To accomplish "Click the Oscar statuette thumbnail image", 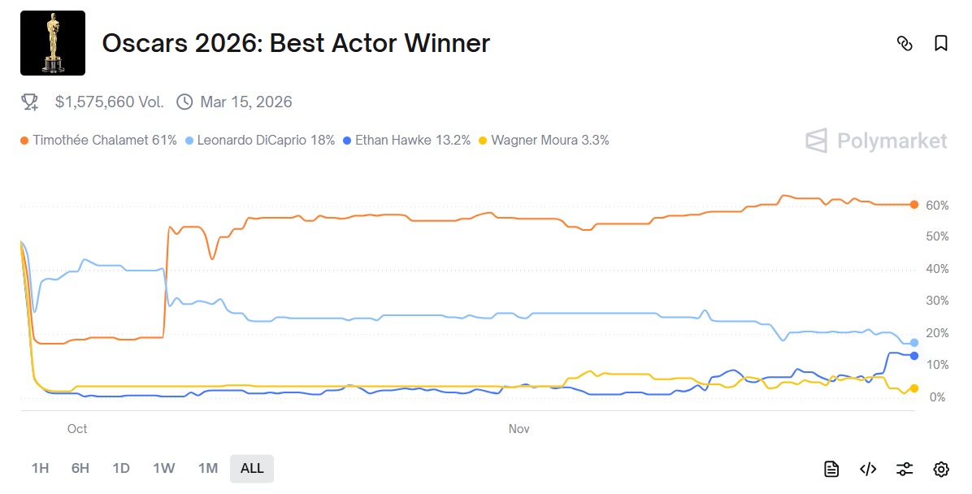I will pyautogui.click(x=53, y=43).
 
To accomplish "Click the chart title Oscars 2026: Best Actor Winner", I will pyautogui.click(x=296, y=43).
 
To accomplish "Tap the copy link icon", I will pyautogui.click(x=905, y=43).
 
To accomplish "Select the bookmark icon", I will pyautogui.click(x=941, y=43).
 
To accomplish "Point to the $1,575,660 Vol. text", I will pyautogui.click(x=109, y=102).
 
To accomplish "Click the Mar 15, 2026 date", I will pyautogui.click(x=245, y=102).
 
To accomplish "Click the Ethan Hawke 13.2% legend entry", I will pyautogui.click(x=412, y=140).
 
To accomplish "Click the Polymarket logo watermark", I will pyautogui.click(x=876, y=141).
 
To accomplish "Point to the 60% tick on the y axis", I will pyautogui.click(x=937, y=205).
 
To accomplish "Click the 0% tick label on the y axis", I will pyautogui.click(x=937, y=396).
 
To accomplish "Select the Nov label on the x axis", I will pyautogui.click(x=519, y=428).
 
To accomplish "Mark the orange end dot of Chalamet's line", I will pyautogui.click(x=914, y=205).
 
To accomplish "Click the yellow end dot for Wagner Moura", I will pyautogui.click(x=914, y=388).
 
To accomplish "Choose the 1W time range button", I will pyautogui.click(x=163, y=468).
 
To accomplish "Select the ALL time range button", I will pyautogui.click(x=252, y=468).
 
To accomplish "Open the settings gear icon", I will pyautogui.click(x=941, y=469).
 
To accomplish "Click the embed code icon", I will pyautogui.click(x=868, y=469).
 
